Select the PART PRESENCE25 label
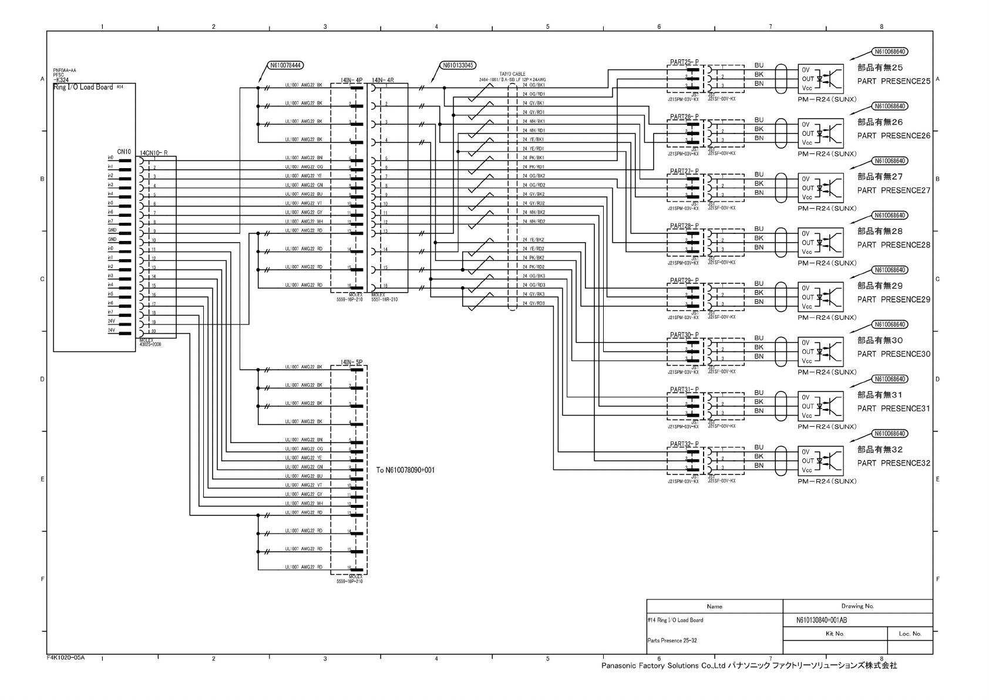[x=893, y=81]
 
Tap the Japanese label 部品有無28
[x=880, y=231]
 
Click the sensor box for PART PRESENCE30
[x=820, y=351]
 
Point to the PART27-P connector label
[x=684, y=171]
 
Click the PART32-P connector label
[x=684, y=444]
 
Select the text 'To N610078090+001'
[x=405, y=470]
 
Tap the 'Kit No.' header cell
[x=835, y=634]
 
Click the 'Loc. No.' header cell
[x=910, y=634]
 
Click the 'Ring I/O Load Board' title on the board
[x=83, y=88]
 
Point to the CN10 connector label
[x=124, y=152]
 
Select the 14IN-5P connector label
[x=351, y=362]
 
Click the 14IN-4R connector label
[x=382, y=80]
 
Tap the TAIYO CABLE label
[x=512, y=74]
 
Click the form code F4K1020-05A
[x=66, y=657]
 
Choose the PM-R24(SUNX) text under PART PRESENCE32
[x=827, y=481]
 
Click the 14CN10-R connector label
[x=154, y=153]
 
